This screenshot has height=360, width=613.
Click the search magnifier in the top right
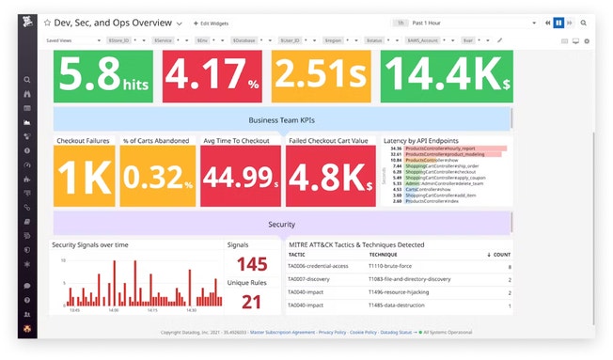584,22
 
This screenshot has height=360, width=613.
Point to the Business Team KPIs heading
282,120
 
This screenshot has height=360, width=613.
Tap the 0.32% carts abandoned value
157,177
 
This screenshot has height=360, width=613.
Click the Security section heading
282,224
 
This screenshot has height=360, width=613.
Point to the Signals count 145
252,265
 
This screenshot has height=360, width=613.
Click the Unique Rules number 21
252,302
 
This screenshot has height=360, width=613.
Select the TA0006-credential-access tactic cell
323,267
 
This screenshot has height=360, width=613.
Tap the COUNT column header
498,255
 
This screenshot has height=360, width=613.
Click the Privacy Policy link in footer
332,333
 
